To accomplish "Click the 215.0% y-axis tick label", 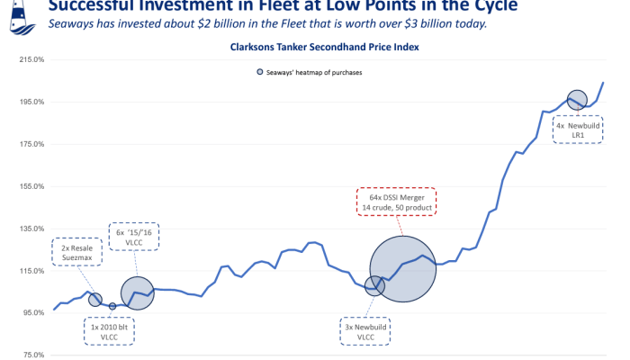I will pyautogui.click(x=31, y=59).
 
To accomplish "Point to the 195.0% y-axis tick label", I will pyautogui.click(x=31, y=102).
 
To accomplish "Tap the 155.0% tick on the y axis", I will pyautogui.click(x=31, y=186).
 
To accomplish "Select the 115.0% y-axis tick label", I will pyautogui.click(x=31, y=270).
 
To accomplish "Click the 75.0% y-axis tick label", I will pyautogui.click(x=32, y=355).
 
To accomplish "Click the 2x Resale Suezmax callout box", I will pyautogui.click(x=78, y=251).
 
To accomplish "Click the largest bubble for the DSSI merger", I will pyautogui.click(x=403, y=269).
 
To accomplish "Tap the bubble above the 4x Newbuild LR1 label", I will pyautogui.click(x=577, y=100).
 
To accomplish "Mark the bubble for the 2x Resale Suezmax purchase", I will pyautogui.click(x=94, y=299).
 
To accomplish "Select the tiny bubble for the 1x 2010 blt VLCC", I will pyautogui.click(x=112, y=306).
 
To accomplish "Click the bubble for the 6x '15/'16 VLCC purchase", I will pyautogui.click(x=138, y=292).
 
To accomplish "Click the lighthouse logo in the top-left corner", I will pyautogui.click(x=13, y=11).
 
